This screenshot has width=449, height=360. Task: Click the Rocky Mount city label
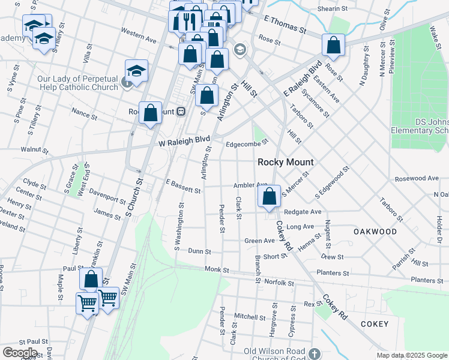click(286, 162)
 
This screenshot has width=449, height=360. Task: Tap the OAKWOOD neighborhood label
click(375, 232)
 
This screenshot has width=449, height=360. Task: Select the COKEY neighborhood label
click(375, 324)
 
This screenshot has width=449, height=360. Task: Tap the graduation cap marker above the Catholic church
click(137, 70)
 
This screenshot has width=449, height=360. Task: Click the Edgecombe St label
click(247, 144)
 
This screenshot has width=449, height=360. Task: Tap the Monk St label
click(216, 270)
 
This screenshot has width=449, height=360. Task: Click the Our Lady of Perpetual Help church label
click(78, 83)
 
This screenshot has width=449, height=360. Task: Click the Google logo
click(19, 353)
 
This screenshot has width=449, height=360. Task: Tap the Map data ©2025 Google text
click(411, 355)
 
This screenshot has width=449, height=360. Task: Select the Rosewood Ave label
click(417, 179)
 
